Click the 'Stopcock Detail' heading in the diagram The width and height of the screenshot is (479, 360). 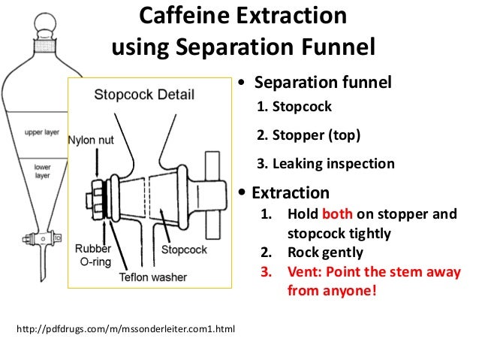[144, 95]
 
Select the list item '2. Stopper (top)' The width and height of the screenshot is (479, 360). [308, 135]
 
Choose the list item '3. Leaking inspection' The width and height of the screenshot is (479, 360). [325, 163]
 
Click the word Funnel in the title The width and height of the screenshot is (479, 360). [334, 47]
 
